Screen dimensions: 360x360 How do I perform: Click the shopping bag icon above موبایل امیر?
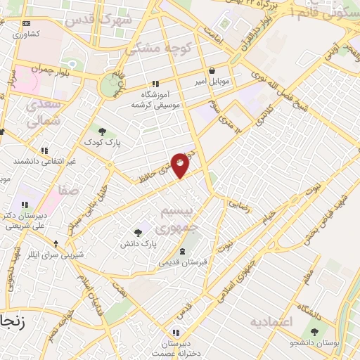point(213,70)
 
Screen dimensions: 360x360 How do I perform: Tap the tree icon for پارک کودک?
point(103,131)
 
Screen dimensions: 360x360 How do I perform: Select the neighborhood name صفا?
point(69,190)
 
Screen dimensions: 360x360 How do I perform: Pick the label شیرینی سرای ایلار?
point(55,254)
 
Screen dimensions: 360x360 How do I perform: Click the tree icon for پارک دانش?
point(138,231)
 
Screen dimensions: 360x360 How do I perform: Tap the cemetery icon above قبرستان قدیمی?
point(183,251)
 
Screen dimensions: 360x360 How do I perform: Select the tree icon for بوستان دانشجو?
point(314,331)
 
